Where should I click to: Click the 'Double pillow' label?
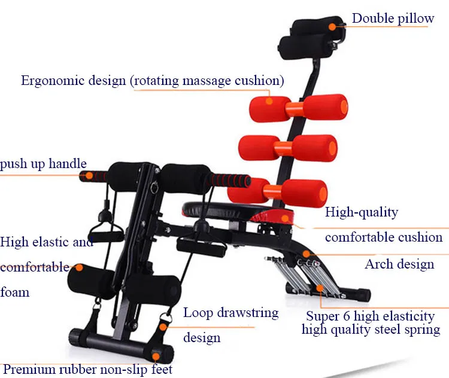coord(393,19)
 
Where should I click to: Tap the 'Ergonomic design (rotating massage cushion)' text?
coord(153,81)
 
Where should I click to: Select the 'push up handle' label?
coord(43,164)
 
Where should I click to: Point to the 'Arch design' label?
coord(399,264)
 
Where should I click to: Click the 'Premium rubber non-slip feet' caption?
coord(88,370)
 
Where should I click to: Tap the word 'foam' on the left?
coord(15,292)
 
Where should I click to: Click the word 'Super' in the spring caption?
coord(323,316)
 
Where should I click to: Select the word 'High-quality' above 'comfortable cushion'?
coord(361,212)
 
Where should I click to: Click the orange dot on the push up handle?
coord(89,176)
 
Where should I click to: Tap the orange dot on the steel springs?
coord(321,288)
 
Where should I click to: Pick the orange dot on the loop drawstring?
coord(164,326)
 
